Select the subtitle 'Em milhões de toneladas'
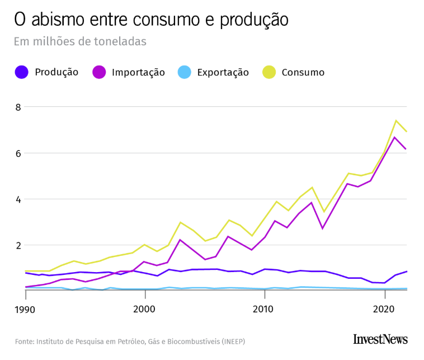80,42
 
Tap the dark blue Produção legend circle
22,72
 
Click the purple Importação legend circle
99,72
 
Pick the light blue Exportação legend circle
185,72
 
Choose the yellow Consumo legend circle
269,72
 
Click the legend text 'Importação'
138,72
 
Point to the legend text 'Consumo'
303,72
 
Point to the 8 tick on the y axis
17,107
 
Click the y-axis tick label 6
17,153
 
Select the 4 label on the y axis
17,199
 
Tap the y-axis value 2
17,245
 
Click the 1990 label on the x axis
25,309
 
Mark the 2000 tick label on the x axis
145,309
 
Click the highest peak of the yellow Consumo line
395,120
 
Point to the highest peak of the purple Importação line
395,137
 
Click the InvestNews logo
380,339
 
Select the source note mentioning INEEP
130,341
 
